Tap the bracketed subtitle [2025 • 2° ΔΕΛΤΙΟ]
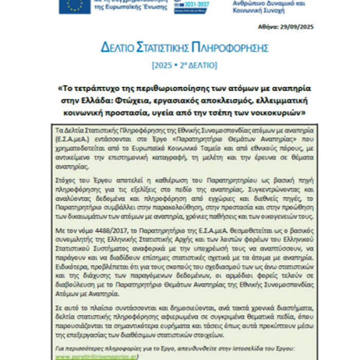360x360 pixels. point(184,65)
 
